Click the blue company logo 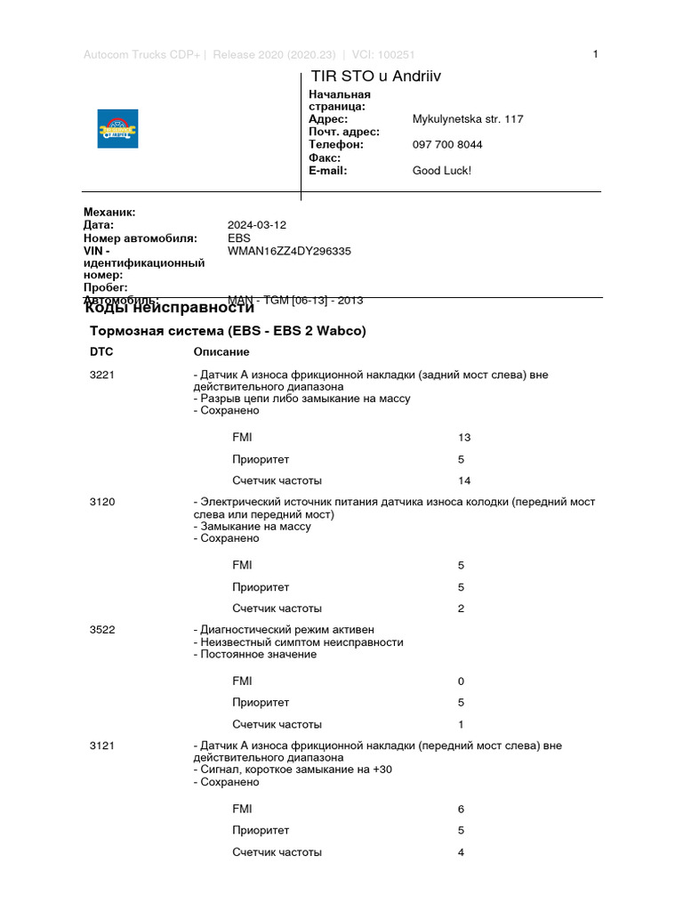117,128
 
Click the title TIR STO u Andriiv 375,77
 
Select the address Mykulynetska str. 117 468,119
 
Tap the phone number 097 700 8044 447,144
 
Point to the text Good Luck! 441,170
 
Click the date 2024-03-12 257,225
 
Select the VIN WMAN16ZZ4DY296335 289,251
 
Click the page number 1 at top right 595,54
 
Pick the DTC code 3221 102,375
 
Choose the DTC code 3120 102,502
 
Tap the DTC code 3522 102,629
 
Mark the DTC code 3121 102,746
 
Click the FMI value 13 463,438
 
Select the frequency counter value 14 463,480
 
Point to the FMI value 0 461,681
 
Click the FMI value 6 461,809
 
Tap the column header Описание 221,352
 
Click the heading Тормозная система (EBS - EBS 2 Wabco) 228,331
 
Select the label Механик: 109,212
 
